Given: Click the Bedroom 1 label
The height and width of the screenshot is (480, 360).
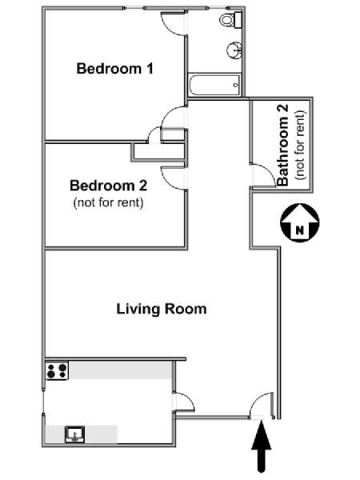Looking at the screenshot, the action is pyautogui.click(x=114, y=69).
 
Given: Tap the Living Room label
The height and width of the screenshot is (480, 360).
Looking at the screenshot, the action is pyautogui.click(x=162, y=309).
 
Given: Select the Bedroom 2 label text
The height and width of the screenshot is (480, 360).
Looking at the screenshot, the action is pyautogui.click(x=108, y=186).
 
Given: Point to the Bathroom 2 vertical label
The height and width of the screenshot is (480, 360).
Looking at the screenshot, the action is pyautogui.click(x=282, y=145).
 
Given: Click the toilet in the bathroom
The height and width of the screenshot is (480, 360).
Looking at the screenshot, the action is pyautogui.click(x=231, y=19).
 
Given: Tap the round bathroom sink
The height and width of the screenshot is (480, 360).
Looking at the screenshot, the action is pyautogui.click(x=234, y=50).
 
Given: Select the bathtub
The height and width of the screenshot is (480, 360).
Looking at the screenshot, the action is pyautogui.click(x=214, y=85).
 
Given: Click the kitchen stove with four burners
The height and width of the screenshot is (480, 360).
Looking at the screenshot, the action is pyautogui.click(x=57, y=370).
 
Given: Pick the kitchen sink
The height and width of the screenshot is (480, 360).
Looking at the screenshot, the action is pyautogui.click(x=75, y=434).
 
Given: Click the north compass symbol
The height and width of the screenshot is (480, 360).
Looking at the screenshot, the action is pyautogui.click(x=300, y=222).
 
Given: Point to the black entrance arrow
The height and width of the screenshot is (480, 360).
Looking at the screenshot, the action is pyautogui.click(x=262, y=446).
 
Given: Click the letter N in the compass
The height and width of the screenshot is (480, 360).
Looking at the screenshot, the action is pyautogui.click(x=300, y=230).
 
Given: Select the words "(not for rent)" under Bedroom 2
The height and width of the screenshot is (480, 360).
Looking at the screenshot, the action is pyautogui.click(x=108, y=202).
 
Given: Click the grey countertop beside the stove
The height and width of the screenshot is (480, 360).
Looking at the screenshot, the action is pyautogui.click(x=120, y=370).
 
